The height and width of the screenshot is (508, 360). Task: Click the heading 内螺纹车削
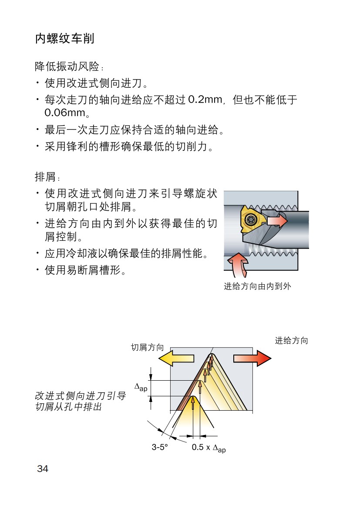click(64, 39)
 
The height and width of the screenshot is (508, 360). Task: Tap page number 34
click(43, 468)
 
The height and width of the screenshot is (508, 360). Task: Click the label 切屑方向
click(148, 347)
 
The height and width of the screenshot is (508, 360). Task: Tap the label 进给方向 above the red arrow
click(291, 341)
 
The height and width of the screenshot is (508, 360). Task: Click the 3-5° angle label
click(160, 447)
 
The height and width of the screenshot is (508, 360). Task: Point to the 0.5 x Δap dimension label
click(209, 448)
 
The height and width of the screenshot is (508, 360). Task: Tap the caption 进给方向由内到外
click(257, 286)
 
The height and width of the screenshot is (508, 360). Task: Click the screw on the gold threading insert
click(250, 219)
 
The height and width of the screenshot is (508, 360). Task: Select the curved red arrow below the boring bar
click(238, 264)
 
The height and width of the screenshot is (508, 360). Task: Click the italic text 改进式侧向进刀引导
click(80, 396)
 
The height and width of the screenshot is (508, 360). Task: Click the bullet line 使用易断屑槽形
click(85, 271)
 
